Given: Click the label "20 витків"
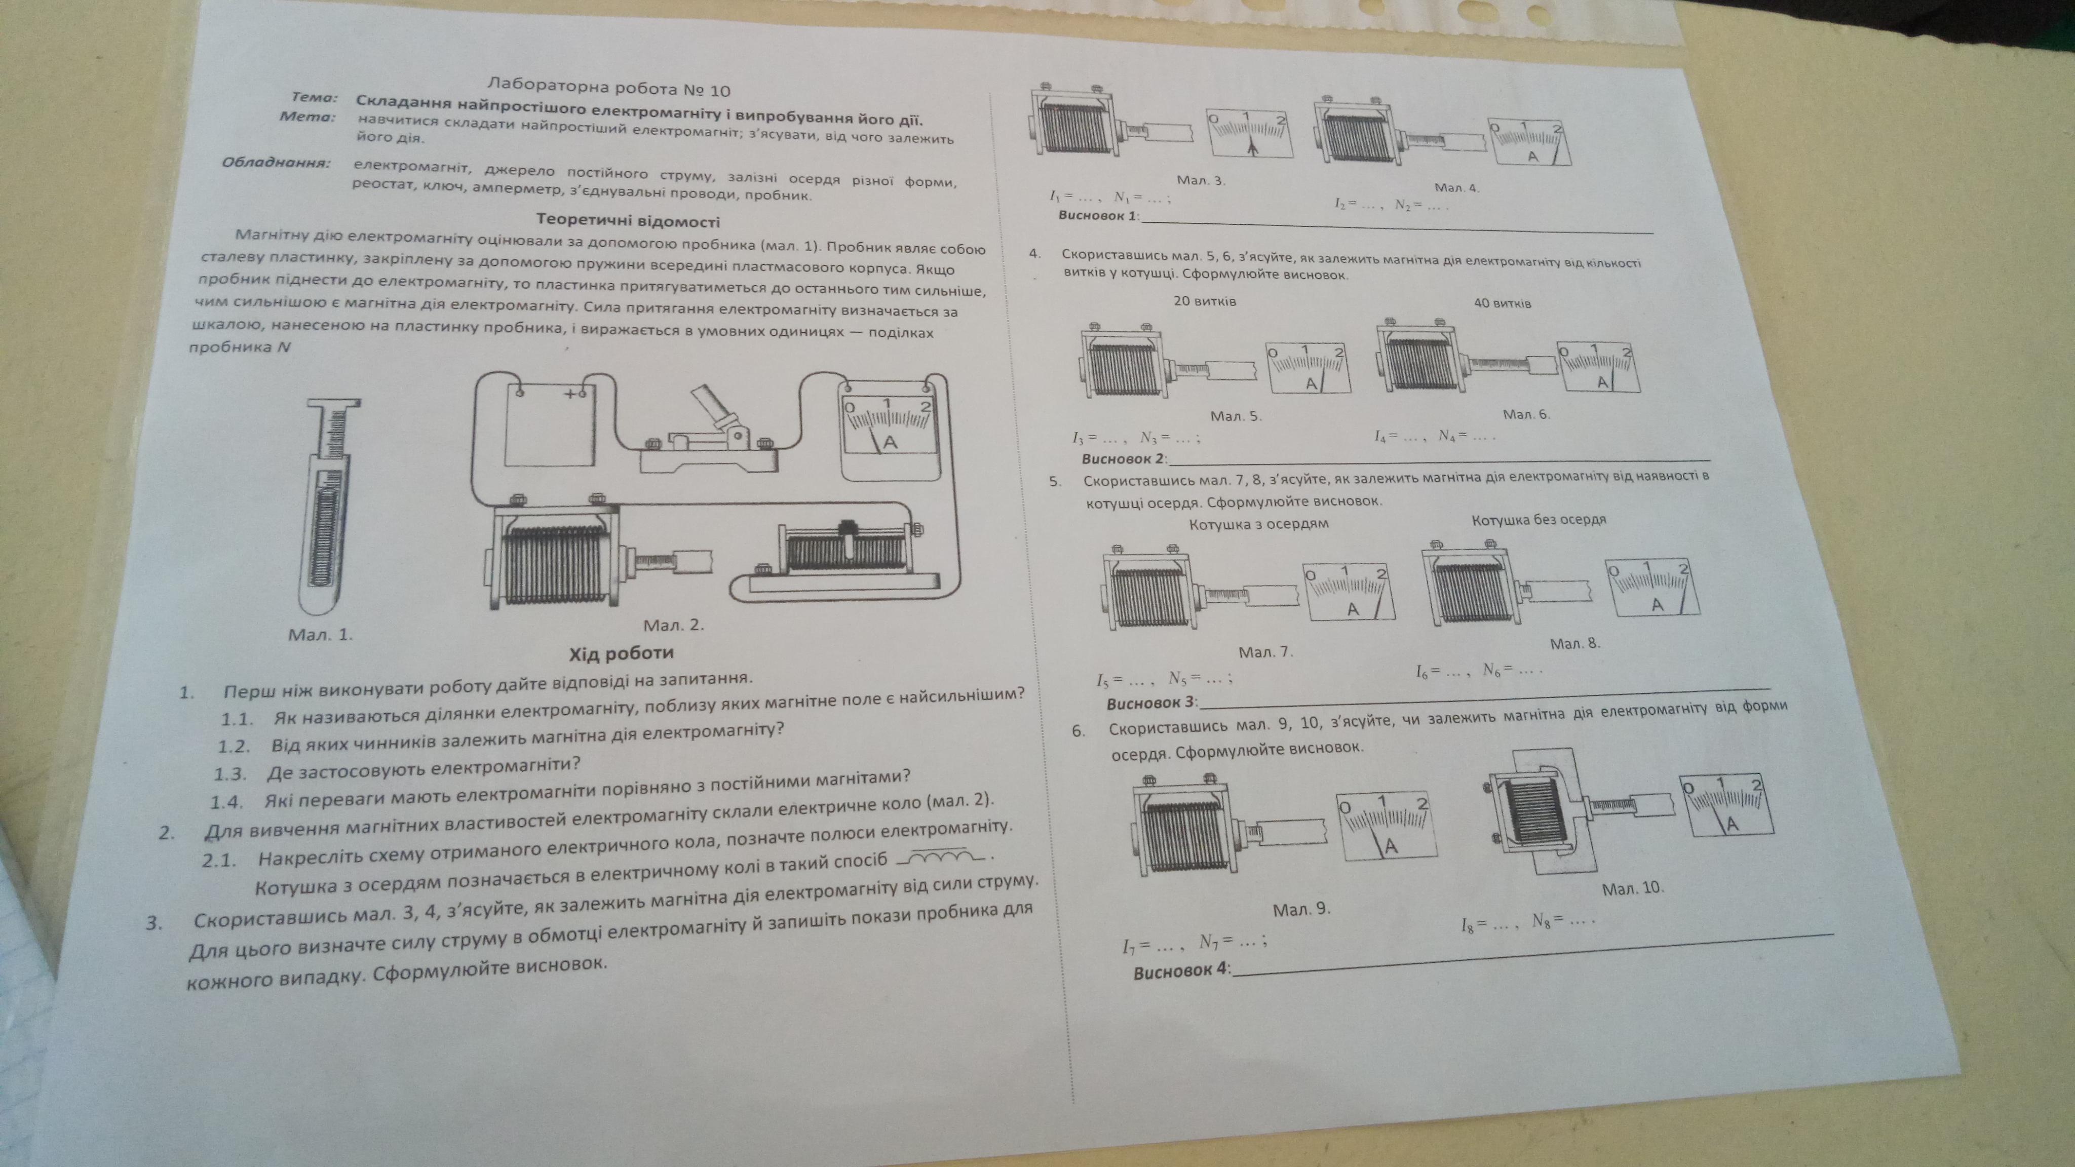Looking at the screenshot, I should [x=1204, y=301].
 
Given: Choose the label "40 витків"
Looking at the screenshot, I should [x=1502, y=303].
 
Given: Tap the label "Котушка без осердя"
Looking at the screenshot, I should [x=1539, y=520].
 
